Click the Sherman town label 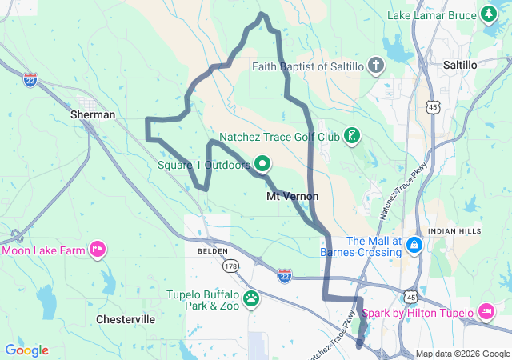click(94, 114)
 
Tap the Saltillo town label click(459, 63)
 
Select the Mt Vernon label click(292, 196)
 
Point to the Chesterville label click(126, 318)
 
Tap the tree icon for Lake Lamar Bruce click(489, 14)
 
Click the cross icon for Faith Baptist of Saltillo click(376, 66)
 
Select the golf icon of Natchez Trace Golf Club click(350, 136)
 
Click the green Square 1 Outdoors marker click(262, 165)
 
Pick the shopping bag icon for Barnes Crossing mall click(414, 244)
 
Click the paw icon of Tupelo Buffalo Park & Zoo click(251, 299)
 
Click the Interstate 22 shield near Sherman click(30, 82)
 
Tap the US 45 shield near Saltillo click(454, 106)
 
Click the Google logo click(26, 350)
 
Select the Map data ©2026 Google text click(462, 354)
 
